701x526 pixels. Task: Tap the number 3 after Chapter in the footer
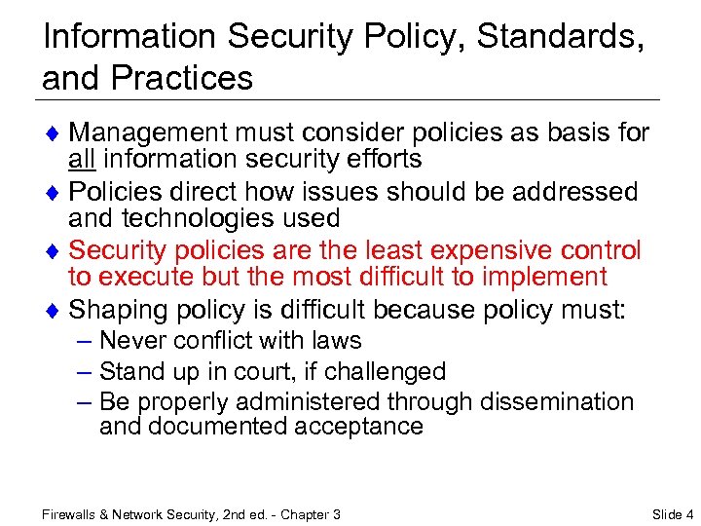click(336, 513)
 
